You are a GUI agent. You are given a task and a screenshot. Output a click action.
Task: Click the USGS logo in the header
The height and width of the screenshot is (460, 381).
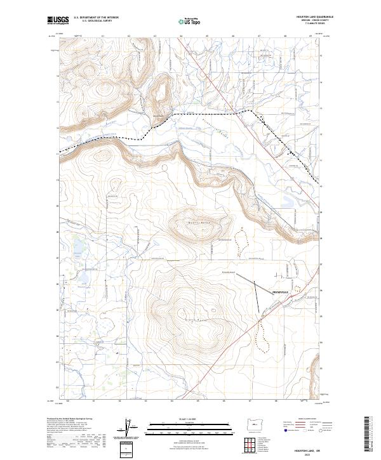click(x=58, y=20)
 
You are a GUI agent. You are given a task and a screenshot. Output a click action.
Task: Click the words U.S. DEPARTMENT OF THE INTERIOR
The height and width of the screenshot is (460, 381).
click(x=96, y=18)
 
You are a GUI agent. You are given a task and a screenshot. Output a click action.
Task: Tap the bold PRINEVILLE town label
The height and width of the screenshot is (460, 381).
click(x=280, y=292)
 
